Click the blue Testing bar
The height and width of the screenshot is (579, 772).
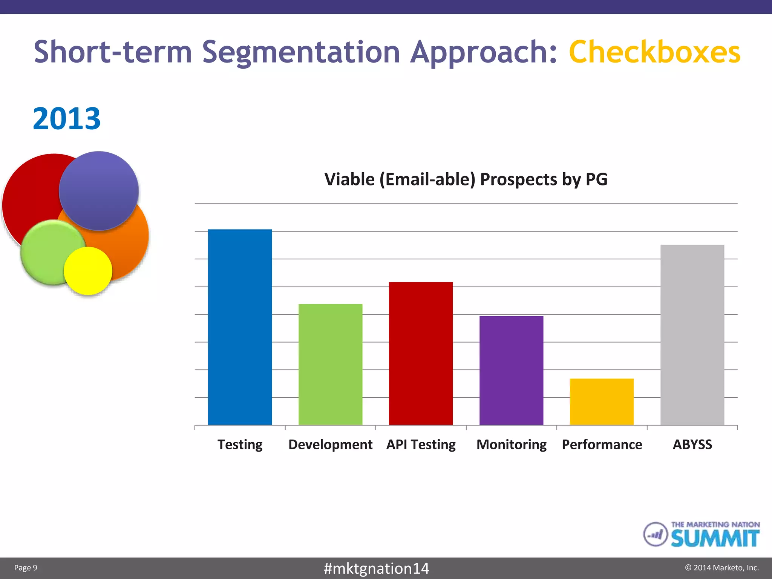pos(240,327)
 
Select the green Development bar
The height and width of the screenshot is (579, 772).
pos(330,364)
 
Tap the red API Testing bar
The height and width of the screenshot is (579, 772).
pos(421,353)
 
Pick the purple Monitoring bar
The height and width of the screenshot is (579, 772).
pos(511,370)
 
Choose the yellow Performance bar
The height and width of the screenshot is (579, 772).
pos(602,401)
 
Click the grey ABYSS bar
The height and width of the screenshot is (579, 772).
pos(692,335)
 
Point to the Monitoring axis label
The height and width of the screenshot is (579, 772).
pos(511,445)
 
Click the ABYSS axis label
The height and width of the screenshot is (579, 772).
pos(692,444)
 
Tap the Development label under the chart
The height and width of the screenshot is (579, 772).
pos(330,445)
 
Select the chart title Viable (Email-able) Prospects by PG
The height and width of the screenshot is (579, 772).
pos(466,179)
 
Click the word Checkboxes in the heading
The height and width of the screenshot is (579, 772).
pos(655,52)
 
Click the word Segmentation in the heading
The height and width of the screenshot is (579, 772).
pos(301,53)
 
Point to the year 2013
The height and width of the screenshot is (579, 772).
pos(67,119)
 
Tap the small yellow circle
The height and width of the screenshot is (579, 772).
pos(88,271)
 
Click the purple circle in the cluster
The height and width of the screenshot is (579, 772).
pos(99,190)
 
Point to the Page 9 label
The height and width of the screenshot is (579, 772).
pos(26,568)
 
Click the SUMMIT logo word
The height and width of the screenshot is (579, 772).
pos(715,538)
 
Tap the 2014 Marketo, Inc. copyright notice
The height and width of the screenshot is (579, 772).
pos(721,568)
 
